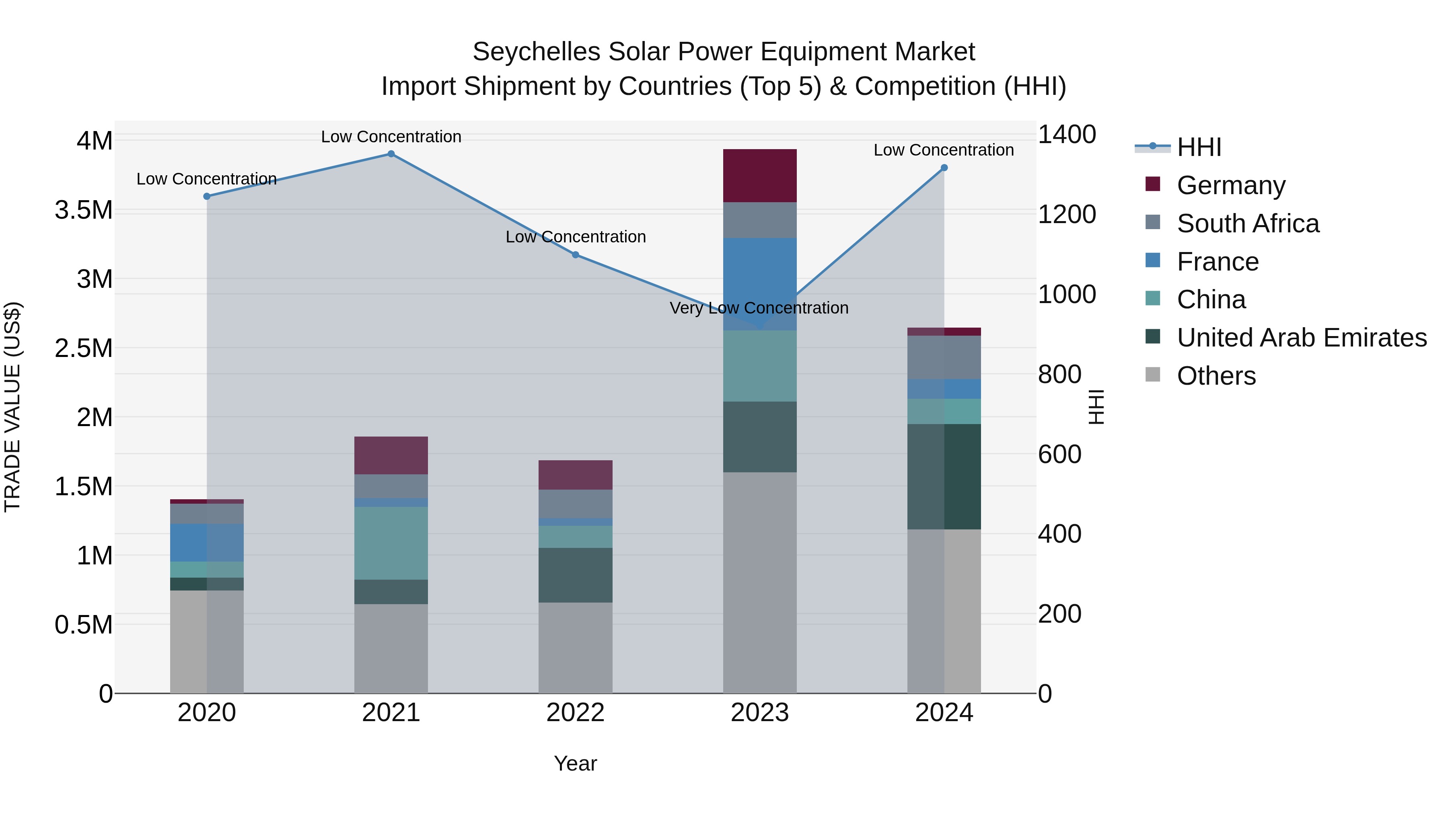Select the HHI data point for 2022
click(x=575, y=255)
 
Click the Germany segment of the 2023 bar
click(x=759, y=176)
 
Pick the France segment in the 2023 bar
click(x=759, y=284)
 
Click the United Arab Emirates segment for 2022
click(x=575, y=575)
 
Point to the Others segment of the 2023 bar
click(x=759, y=582)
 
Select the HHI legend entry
click(x=1199, y=147)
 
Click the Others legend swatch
click(x=1152, y=375)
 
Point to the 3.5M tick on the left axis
click(x=84, y=210)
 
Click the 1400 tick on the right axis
click(x=1066, y=135)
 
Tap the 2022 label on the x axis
click(x=575, y=713)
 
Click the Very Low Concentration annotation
click(x=759, y=308)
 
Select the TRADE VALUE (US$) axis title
click(x=12, y=407)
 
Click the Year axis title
click(x=575, y=763)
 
